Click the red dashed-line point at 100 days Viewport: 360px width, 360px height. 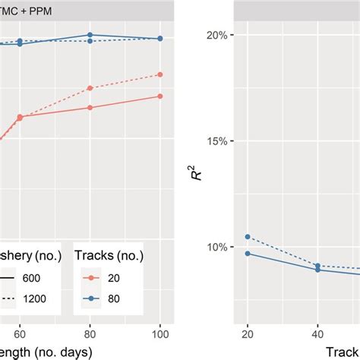[x=159, y=74]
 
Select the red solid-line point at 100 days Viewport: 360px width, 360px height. [x=159, y=96]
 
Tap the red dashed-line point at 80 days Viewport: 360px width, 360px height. [x=90, y=88]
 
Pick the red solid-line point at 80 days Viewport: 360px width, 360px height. [x=90, y=107]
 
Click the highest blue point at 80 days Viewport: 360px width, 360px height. [x=90, y=35]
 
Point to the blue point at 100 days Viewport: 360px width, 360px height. [x=159, y=38]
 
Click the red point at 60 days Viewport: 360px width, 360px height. [x=21, y=117]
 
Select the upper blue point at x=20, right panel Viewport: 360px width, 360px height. [x=248, y=237]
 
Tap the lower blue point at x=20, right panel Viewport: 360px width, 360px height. [x=248, y=253]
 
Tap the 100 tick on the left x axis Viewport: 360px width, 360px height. [x=159, y=333]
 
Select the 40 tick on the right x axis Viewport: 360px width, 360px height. [x=317, y=333]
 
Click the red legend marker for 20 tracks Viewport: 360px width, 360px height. [x=90, y=278]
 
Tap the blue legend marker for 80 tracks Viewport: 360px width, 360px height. [x=90, y=298]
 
